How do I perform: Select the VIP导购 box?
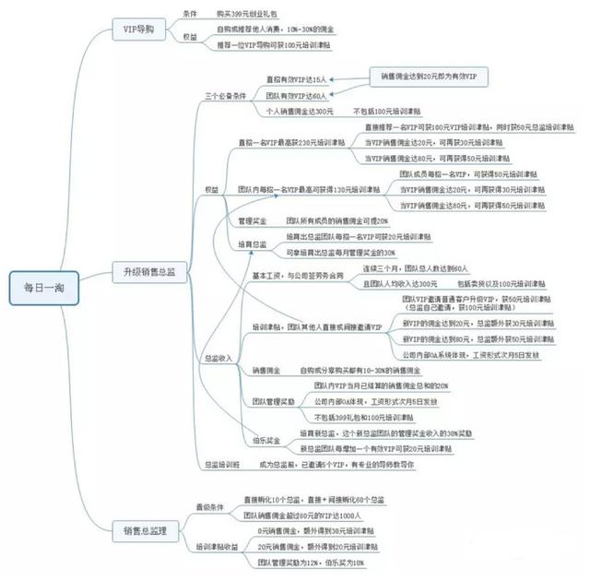tap(138, 30)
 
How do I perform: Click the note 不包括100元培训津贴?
tap(388, 111)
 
